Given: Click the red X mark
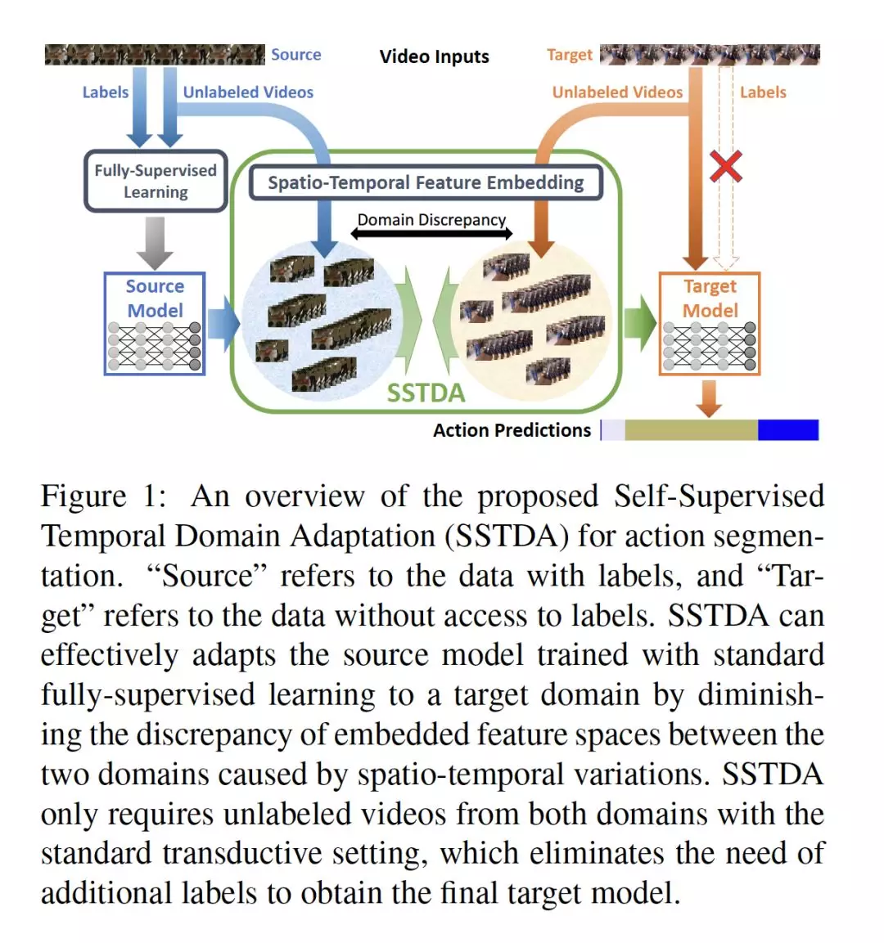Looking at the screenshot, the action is [x=725, y=166].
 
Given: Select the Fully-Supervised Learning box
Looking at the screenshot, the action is [x=156, y=181].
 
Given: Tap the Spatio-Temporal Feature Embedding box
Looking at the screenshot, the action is [x=426, y=182].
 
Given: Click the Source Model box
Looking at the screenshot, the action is [x=155, y=324].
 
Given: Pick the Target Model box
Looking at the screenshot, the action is [x=710, y=324].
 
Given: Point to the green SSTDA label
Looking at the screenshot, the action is [x=426, y=393].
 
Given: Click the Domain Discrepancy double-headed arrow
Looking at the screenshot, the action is [x=431, y=233].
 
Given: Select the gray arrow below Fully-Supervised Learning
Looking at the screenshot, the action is [x=155, y=243].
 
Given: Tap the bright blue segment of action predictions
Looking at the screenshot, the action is [x=787, y=430].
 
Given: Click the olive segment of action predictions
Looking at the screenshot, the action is [x=691, y=430].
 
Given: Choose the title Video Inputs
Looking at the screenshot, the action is [x=434, y=56].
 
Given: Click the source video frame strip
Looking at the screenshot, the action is [x=155, y=54].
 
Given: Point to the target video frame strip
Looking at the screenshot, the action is [x=710, y=54].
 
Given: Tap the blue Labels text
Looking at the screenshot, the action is [x=106, y=92].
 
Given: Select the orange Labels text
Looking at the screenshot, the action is [x=763, y=92].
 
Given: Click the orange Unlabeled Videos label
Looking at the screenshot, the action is [x=617, y=92].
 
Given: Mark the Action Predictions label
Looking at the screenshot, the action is [x=512, y=430].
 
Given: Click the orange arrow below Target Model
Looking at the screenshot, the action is [x=710, y=399].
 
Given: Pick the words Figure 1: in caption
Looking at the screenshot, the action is [x=103, y=496].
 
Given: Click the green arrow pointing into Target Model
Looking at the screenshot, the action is [x=640, y=323].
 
